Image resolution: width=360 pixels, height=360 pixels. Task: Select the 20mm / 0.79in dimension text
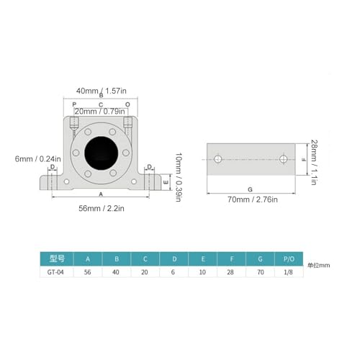click(101, 111)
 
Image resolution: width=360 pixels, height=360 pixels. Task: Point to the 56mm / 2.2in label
click(101, 208)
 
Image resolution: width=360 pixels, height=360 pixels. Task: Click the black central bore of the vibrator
click(101, 152)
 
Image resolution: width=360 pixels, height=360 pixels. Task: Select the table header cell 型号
click(58, 258)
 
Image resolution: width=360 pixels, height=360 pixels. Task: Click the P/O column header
click(289, 258)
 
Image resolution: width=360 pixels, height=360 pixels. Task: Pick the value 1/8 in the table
click(289, 271)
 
